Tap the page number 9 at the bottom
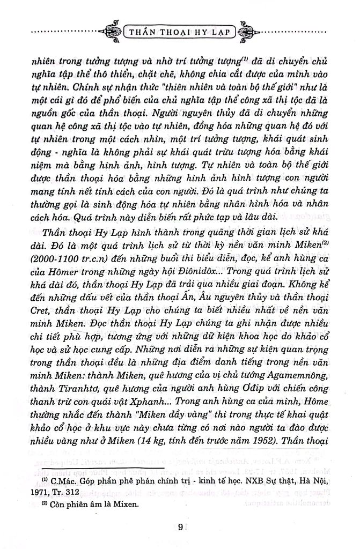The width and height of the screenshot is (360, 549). click(181, 525)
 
